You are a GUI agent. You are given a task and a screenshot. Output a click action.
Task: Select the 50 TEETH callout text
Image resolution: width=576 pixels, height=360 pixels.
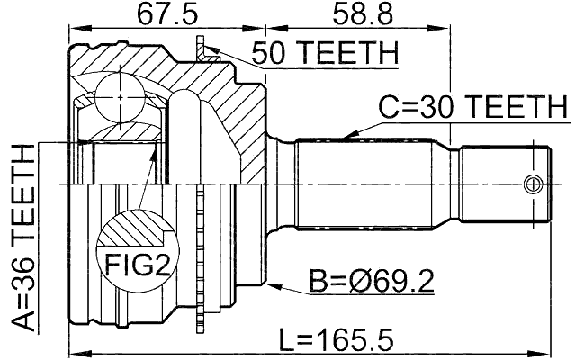pyautogui.click(x=324, y=54)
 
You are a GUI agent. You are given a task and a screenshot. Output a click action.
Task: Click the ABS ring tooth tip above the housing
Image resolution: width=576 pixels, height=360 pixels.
pyautogui.click(x=201, y=40)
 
